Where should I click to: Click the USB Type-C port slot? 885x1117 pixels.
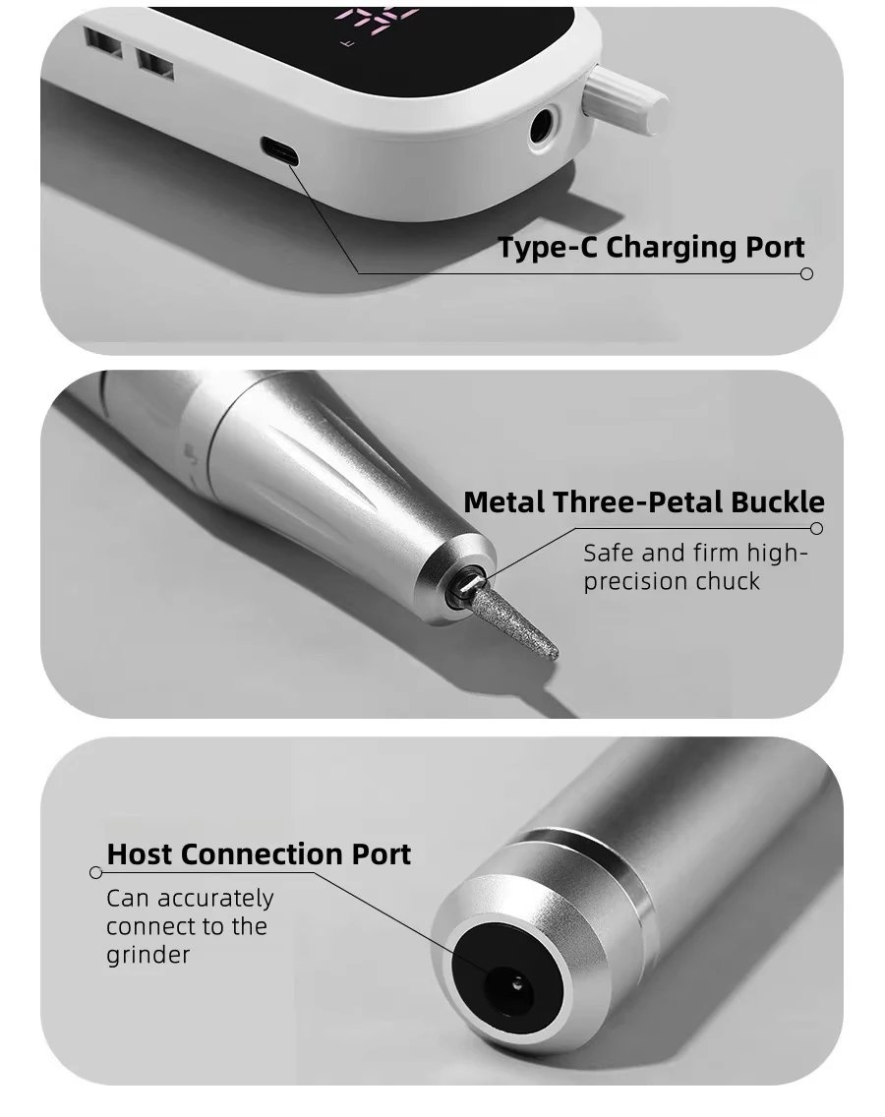point(279,150)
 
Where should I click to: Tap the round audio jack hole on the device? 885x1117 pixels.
point(544,127)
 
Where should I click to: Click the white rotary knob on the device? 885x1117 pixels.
point(624,97)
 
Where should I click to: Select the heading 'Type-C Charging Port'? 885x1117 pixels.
point(651,247)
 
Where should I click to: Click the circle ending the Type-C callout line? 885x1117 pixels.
point(806,273)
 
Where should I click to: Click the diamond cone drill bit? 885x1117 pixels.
point(511,620)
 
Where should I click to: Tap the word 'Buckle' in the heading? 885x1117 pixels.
point(778,502)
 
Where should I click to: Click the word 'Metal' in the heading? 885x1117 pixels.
point(505,502)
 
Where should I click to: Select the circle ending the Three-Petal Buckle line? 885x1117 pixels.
point(816,529)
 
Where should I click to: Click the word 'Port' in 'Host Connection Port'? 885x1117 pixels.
point(382,854)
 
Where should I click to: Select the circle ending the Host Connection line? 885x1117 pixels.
point(96,873)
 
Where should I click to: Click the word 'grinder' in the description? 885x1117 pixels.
point(148,956)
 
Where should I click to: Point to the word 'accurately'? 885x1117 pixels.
point(215,899)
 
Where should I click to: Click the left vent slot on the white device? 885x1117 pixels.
point(103,43)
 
